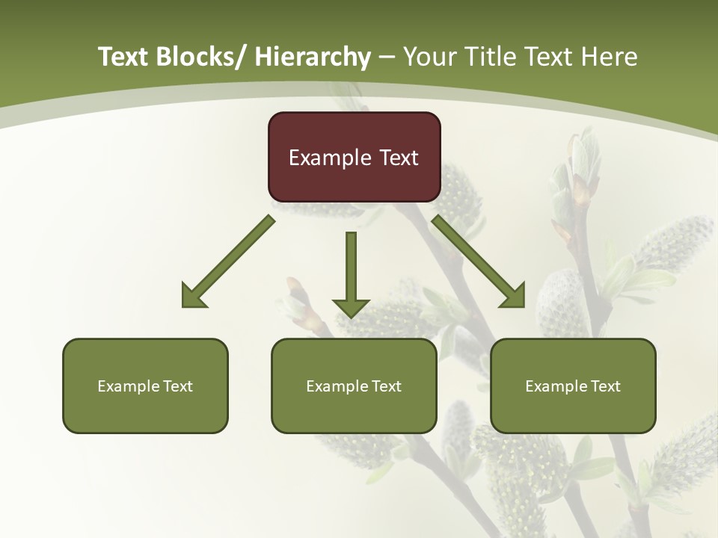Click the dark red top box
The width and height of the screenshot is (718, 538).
pos(354,157)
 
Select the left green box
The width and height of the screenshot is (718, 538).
pos(145,386)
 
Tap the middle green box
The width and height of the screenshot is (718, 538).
pos(354,386)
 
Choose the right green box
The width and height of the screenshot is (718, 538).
pos(573,386)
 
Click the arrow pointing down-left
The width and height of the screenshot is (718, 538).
pos(229,262)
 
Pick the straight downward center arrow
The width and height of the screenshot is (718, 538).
pos(351,273)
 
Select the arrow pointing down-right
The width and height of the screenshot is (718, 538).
pos(478,262)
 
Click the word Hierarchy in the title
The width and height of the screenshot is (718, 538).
pos(312,57)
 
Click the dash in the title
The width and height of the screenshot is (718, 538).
pos(387,58)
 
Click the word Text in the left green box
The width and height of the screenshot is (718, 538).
pos(178,386)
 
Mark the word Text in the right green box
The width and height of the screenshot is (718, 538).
pos(606,386)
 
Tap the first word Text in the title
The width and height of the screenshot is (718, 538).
pos(125,57)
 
